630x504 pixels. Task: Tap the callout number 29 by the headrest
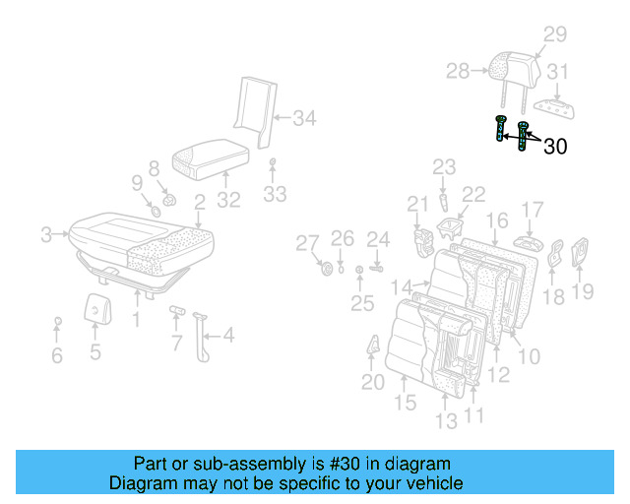tap(555, 34)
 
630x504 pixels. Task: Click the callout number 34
tap(305, 119)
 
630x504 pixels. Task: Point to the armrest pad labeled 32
tap(211, 157)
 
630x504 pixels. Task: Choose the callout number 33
tap(275, 194)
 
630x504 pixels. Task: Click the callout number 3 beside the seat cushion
tap(45, 234)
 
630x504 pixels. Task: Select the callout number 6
tap(57, 355)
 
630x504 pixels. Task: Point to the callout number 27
tap(308, 243)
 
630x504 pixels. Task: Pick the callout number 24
tap(379, 238)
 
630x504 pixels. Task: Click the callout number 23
tap(444, 167)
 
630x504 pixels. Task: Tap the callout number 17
tap(533, 209)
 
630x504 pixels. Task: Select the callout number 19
tap(584, 290)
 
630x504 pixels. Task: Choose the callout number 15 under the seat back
tap(406, 403)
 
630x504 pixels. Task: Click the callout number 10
tap(529, 355)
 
